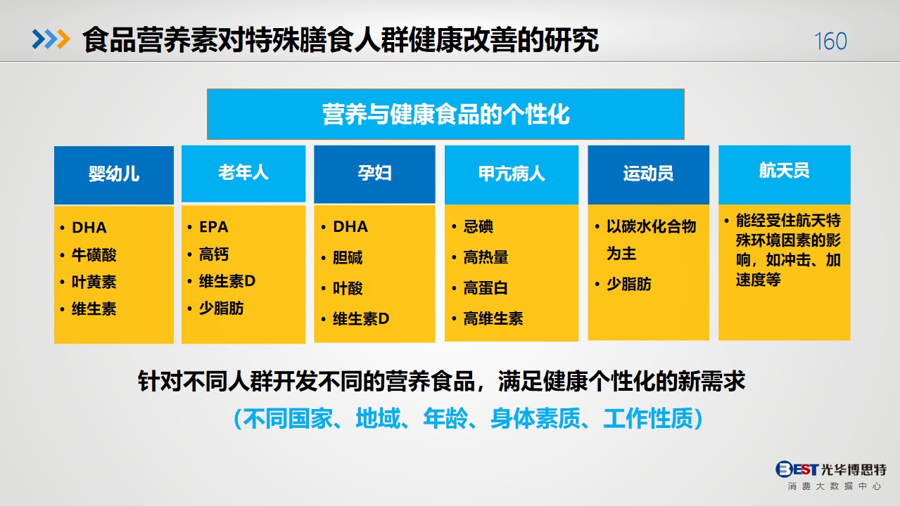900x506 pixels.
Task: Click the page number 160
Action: [830, 41]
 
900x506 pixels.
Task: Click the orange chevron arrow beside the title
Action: [63, 39]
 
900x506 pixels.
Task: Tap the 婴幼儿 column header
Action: [114, 174]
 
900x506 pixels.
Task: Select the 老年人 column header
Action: [243, 172]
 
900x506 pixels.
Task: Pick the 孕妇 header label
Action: [374, 173]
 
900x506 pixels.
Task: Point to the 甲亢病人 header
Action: [512, 174]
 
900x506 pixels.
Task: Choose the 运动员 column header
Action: [648, 174]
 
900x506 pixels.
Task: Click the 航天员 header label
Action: [784, 170]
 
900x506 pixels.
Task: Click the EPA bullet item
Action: [214, 227]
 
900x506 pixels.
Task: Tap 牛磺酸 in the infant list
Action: [94, 255]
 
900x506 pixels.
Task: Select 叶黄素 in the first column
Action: [94, 282]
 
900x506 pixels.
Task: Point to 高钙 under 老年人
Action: [214, 254]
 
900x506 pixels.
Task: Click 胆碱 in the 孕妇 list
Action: [348, 257]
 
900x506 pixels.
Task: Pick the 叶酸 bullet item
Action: [348, 288]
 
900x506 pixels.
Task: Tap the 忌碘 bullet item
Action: [478, 226]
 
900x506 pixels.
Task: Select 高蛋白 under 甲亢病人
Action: [486, 287]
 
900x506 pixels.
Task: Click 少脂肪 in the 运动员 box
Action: [629, 284]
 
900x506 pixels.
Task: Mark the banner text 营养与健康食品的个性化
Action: [445, 115]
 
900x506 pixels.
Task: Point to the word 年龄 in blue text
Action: [445, 418]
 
